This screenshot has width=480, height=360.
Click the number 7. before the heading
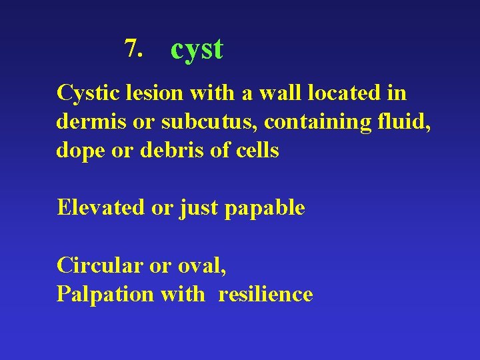pos(133,47)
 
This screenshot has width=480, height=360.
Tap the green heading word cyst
pos(197,49)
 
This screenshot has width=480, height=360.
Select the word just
pos(199,209)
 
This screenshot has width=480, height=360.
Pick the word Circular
pos(100,265)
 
